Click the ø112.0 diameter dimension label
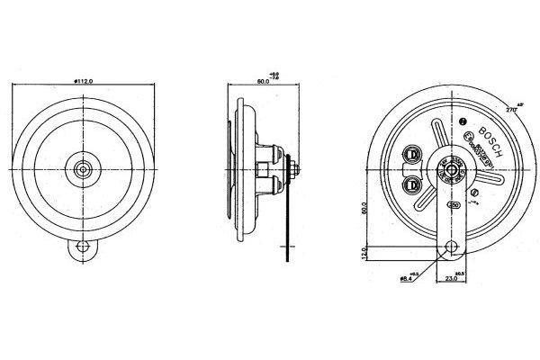pos(83,82)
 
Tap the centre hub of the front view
pos(84,167)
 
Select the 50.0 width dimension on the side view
pos(262,82)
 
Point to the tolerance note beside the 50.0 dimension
pos(274,76)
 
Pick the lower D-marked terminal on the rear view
pos(412,184)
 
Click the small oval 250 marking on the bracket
pos(453,205)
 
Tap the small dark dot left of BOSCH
pos(462,121)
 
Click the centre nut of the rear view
pos(447,167)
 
